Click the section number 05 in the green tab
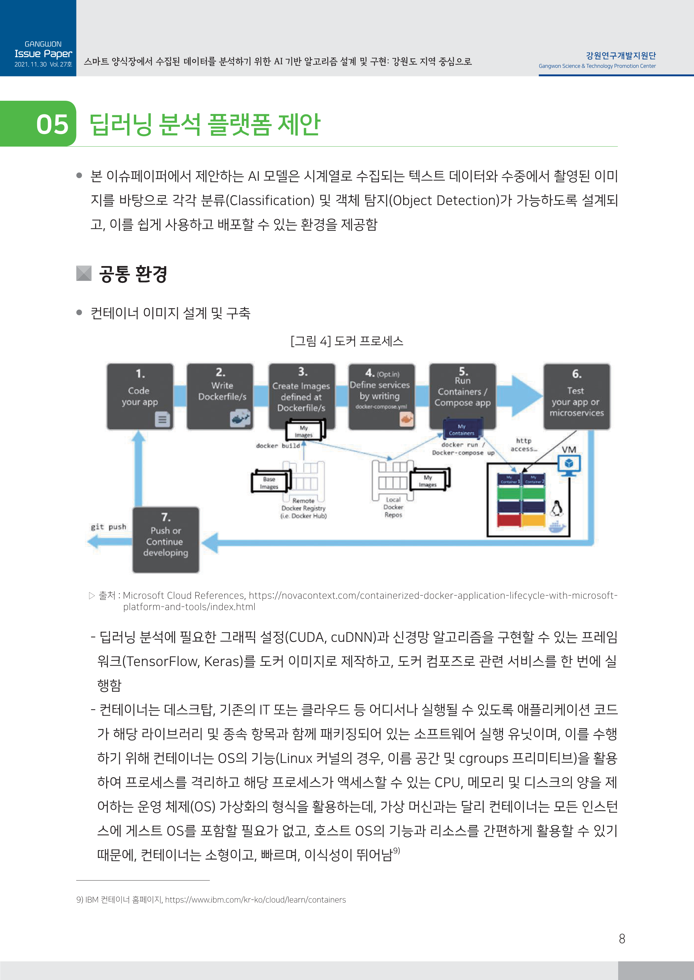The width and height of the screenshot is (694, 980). click(x=52, y=124)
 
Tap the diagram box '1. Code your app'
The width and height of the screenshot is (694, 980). click(x=140, y=396)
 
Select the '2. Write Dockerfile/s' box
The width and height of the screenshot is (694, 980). click(x=220, y=396)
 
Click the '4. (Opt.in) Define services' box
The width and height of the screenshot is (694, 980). click(x=381, y=396)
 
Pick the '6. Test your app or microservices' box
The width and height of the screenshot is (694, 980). click(x=577, y=396)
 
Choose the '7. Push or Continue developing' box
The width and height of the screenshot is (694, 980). click(x=166, y=540)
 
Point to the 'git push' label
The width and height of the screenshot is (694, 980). click(x=108, y=527)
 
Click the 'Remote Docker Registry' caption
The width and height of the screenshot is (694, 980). click(x=303, y=508)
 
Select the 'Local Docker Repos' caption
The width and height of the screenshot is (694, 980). click(x=393, y=507)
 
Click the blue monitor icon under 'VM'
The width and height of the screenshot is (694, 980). click(x=569, y=465)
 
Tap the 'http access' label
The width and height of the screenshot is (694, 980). click(x=524, y=445)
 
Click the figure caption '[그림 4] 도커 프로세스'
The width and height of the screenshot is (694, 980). click(x=347, y=341)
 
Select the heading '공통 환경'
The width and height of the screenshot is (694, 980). click(x=133, y=274)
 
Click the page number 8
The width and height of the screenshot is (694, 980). click(x=622, y=939)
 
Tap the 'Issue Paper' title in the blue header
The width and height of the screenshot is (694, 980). click(x=43, y=54)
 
